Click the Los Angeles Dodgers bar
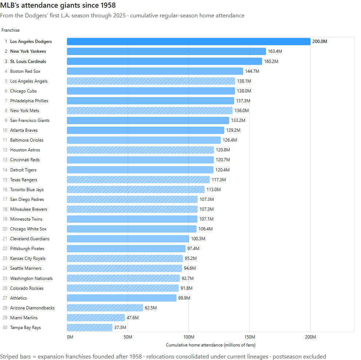[x=189, y=41]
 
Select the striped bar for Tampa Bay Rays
[x=90, y=328]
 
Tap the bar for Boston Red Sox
[x=155, y=71]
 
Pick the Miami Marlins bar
[x=96, y=318]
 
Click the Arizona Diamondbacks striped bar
[x=105, y=308]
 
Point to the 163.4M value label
[x=275, y=51]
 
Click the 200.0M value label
[x=320, y=41]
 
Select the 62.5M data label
[x=151, y=308]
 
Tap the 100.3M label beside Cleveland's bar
[x=198, y=239]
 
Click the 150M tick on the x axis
[x=250, y=337]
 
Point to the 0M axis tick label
[x=70, y=337]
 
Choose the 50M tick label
[x=128, y=337]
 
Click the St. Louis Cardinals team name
[x=28, y=62]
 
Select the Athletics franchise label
[x=19, y=298]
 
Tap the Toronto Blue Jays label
[x=27, y=190]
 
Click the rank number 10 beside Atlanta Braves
[x=5, y=130]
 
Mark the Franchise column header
[x=10, y=30]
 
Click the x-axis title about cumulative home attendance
[x=211, y=345]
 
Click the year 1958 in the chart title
[x=108, y=5]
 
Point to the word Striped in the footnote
[x=15, y=357]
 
